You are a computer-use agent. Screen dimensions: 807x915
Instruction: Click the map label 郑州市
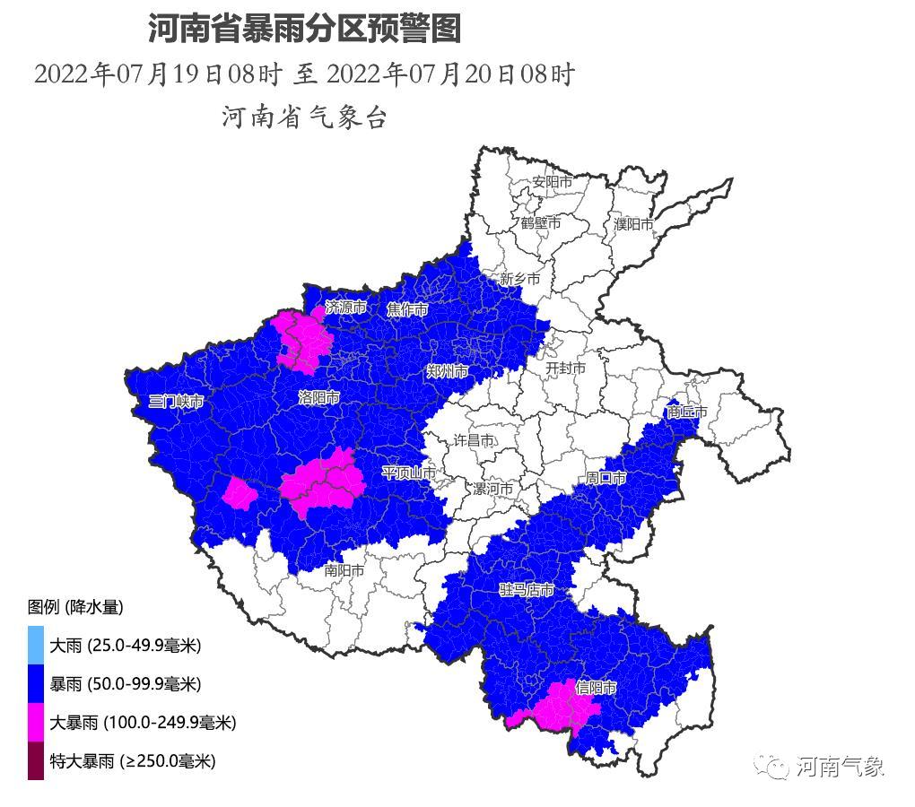tap(447, 371)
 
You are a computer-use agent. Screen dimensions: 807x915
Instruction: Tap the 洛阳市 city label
tap(318, 397)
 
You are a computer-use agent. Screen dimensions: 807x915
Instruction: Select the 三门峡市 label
tap(176, 402)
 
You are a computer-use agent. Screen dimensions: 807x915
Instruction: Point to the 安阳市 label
tap(552, 182)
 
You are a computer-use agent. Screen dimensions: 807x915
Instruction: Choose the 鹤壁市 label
tap(540, 222)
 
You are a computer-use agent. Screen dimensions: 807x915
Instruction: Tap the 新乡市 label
tap(520, 279)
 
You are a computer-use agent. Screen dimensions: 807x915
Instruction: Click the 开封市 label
tap(565, 368)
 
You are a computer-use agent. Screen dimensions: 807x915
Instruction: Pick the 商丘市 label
tap(687, 412)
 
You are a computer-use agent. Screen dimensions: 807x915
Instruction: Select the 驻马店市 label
tap(527, 590)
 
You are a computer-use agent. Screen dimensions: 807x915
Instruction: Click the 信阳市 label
tap(597, 689)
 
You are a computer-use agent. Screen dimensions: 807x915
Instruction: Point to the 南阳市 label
tap(344, 569)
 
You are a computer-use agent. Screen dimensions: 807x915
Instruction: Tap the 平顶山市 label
tap(409, 472)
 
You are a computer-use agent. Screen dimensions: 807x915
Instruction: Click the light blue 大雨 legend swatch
tap(36, 645)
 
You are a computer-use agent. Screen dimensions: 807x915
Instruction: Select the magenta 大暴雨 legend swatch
tap(36, 722)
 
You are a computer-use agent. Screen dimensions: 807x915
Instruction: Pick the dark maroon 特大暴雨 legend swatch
tap(36, 761)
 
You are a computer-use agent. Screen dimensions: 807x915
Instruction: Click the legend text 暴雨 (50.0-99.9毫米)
tap(126, 684)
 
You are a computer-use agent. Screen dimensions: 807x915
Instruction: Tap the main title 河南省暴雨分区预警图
tap(304, 29)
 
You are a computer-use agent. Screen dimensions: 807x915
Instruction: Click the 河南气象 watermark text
tap(840, 767)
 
